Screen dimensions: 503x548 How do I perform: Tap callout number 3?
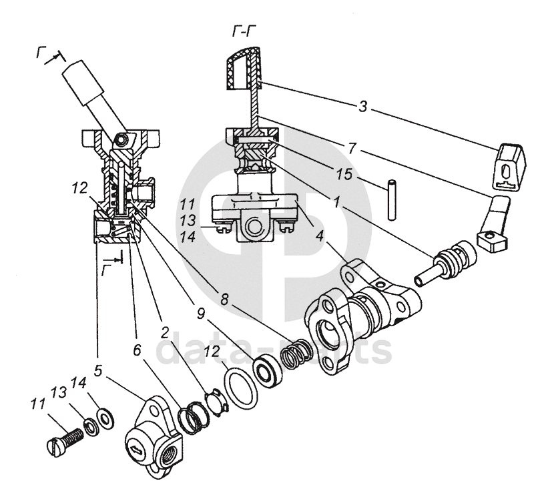coord(362,106)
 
